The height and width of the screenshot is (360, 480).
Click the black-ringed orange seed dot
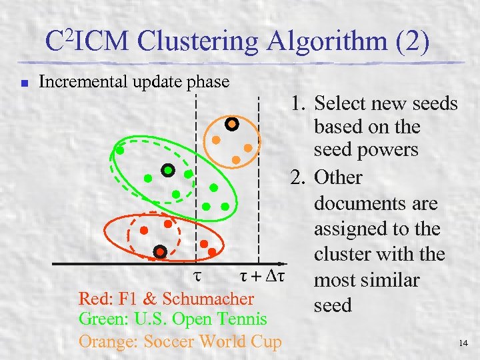tap(231, 123)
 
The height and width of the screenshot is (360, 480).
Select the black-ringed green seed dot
tap(168, 170)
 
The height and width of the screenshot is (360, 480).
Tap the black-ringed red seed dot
tap(160, 251)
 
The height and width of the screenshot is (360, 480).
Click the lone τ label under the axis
tap(197, 275)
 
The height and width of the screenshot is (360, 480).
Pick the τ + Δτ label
tap(263, 275)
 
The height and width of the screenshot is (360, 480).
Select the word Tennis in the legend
tap(243, 319)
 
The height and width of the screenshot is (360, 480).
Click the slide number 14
tap(464, 344)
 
